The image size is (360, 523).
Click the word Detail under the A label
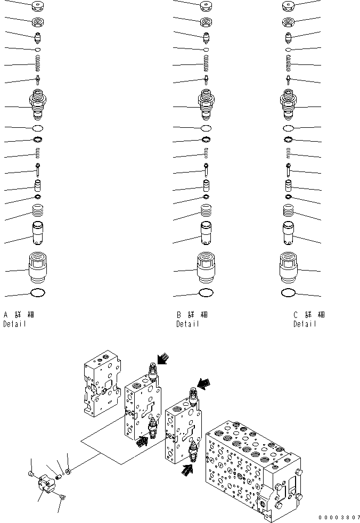pyautogui.click(x=14, y=324)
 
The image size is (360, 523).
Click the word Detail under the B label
pyautogui.click(x=188, y=324)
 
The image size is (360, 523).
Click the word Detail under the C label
pyautogui.click(x=305, y=324)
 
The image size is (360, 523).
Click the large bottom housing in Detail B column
pyautogui.click(x=206, y=266)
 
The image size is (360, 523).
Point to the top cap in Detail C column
pyautogui.click(x=289, y=7)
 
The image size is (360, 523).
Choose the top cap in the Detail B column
pyautogui.click(x=206, y=7)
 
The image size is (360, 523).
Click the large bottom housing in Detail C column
pyautogui.click(x=288, y=266)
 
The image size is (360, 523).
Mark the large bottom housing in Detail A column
pyautogui.click(x=38, y=266)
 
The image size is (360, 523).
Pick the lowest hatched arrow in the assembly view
pyautogui.click(x=186, y=470)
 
